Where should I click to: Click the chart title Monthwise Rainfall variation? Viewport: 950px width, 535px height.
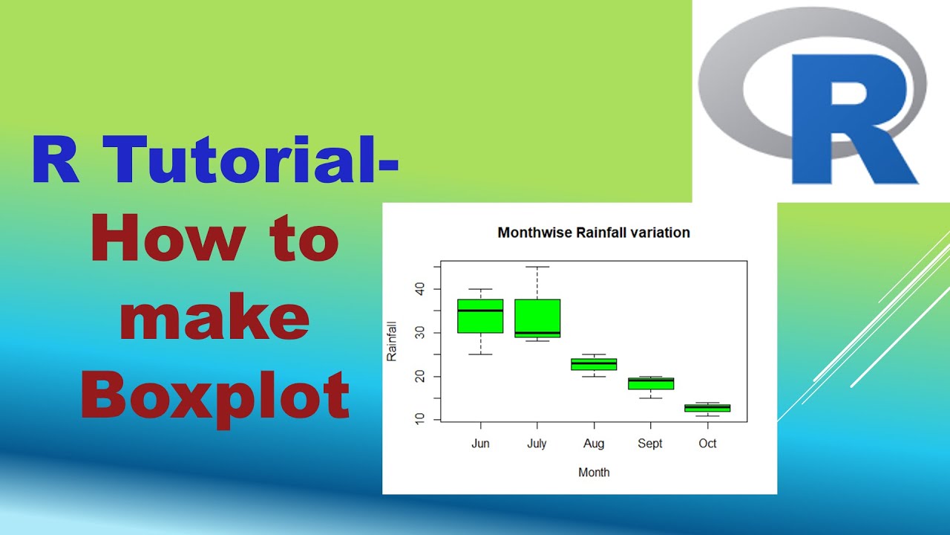[594, 233]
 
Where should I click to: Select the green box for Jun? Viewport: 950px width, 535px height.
[480, 316]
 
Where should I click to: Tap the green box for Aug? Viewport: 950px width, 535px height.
[594, 364]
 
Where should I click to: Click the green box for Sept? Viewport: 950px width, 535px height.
[650, 383]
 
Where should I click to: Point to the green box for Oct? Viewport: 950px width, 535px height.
[707, 408]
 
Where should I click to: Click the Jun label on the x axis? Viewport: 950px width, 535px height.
[480, 444]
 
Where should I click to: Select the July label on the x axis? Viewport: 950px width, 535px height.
[537, 444]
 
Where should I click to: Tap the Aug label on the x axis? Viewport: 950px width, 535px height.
[594, 444]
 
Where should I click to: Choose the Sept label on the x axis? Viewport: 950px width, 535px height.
[650, 444]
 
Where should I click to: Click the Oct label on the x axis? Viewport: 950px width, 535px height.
[707, 444]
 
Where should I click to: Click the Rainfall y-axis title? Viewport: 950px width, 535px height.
[392, 341]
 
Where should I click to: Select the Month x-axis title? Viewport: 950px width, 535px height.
[594, 472]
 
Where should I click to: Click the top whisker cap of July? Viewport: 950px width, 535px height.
[537, 267]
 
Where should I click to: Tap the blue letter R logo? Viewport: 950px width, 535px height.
[854, 119]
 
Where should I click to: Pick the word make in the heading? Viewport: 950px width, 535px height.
[214, 317]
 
